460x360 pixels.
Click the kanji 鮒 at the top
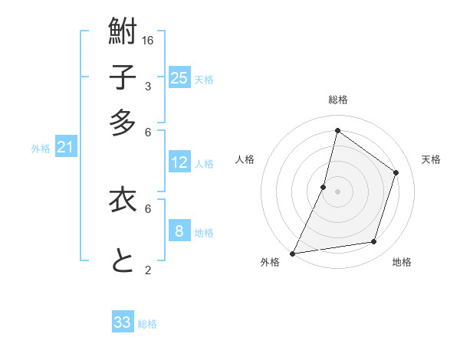123,32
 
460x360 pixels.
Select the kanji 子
123,77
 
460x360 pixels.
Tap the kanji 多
123,123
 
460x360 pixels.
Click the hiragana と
123,261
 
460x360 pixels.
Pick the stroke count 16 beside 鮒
149,40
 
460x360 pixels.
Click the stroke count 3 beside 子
148,86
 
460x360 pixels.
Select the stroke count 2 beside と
148,270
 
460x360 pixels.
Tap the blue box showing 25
179,77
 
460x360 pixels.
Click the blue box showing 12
179,162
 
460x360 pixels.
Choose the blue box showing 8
179,231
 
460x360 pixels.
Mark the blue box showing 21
64,147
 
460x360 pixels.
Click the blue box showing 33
123,322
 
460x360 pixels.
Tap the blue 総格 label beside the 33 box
147,324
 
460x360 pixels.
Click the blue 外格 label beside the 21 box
41,149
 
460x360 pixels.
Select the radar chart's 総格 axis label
337,100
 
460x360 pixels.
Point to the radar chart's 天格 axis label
431,159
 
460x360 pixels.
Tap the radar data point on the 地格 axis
374,242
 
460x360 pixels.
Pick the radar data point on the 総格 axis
337,130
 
